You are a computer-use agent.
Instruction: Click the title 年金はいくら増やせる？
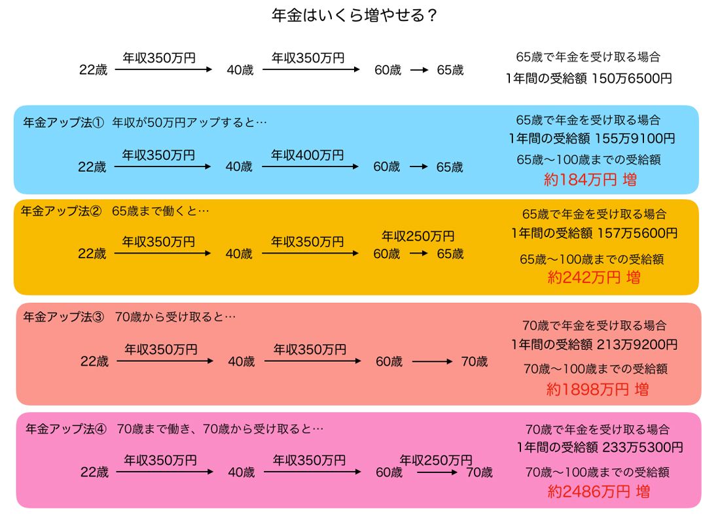(354, 16)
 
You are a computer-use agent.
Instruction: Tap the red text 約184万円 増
(590, 180)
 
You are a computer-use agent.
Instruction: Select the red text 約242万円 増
(594, 277)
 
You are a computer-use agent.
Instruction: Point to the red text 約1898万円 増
(597, 389)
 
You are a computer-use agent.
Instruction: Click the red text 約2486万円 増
(598, 491)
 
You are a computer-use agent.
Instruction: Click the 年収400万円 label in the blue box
(308, 155)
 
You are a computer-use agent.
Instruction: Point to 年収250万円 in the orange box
(418, 236)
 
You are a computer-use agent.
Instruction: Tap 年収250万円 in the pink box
(436, 460)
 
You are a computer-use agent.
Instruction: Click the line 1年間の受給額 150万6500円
(588, 79)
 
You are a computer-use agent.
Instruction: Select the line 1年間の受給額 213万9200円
(594, 344)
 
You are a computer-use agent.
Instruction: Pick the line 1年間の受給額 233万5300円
(599, 448)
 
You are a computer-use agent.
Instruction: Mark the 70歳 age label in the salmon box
(474, 361)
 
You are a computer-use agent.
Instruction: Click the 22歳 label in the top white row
(93, 70)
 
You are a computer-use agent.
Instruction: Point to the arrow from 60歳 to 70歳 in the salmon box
(432, 361)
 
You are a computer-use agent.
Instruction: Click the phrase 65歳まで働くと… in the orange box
(160, 211)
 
